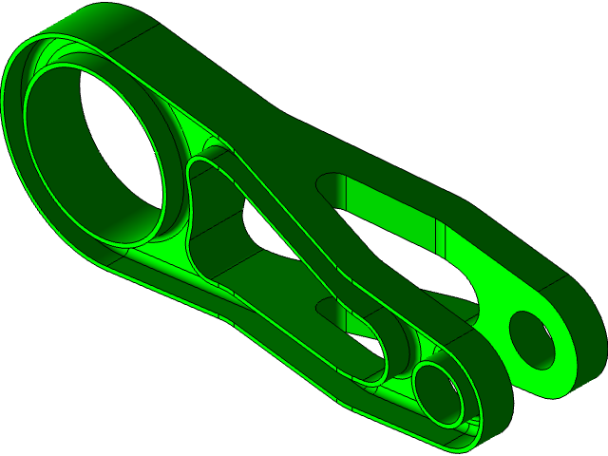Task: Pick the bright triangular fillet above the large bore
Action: pos(194,138)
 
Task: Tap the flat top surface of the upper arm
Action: pos(237,90)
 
